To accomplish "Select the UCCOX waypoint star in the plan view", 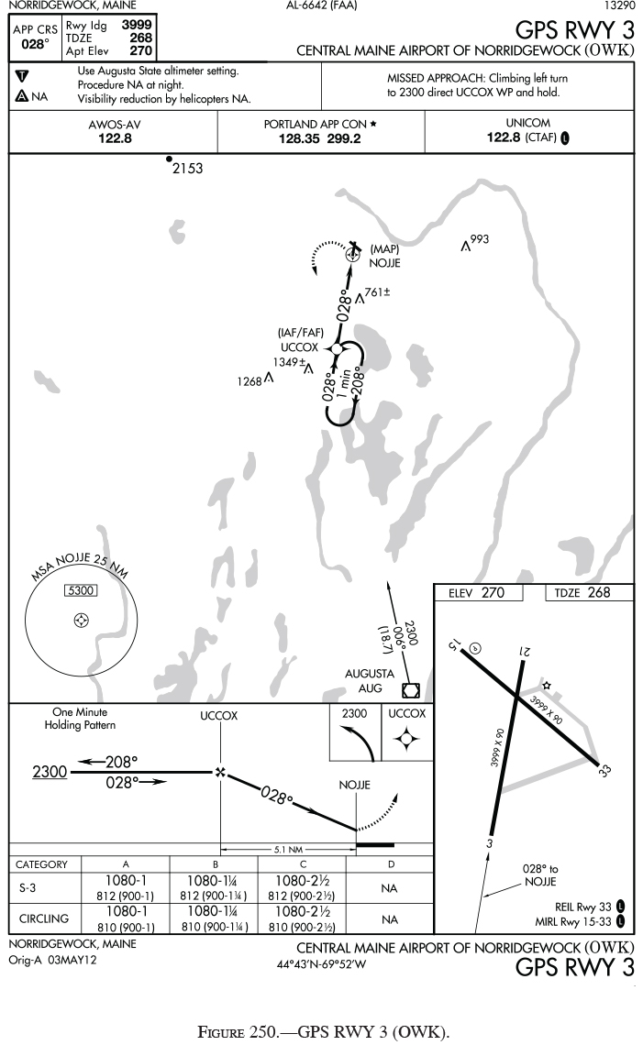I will tap(337, 349).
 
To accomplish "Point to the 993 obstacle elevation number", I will tap(480, 240).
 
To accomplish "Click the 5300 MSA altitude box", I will tap(81, 590).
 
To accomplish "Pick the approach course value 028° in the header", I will tap(34, 44).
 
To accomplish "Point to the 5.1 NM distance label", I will tap(288, 850).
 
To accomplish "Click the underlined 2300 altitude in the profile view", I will tap(50, 773).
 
